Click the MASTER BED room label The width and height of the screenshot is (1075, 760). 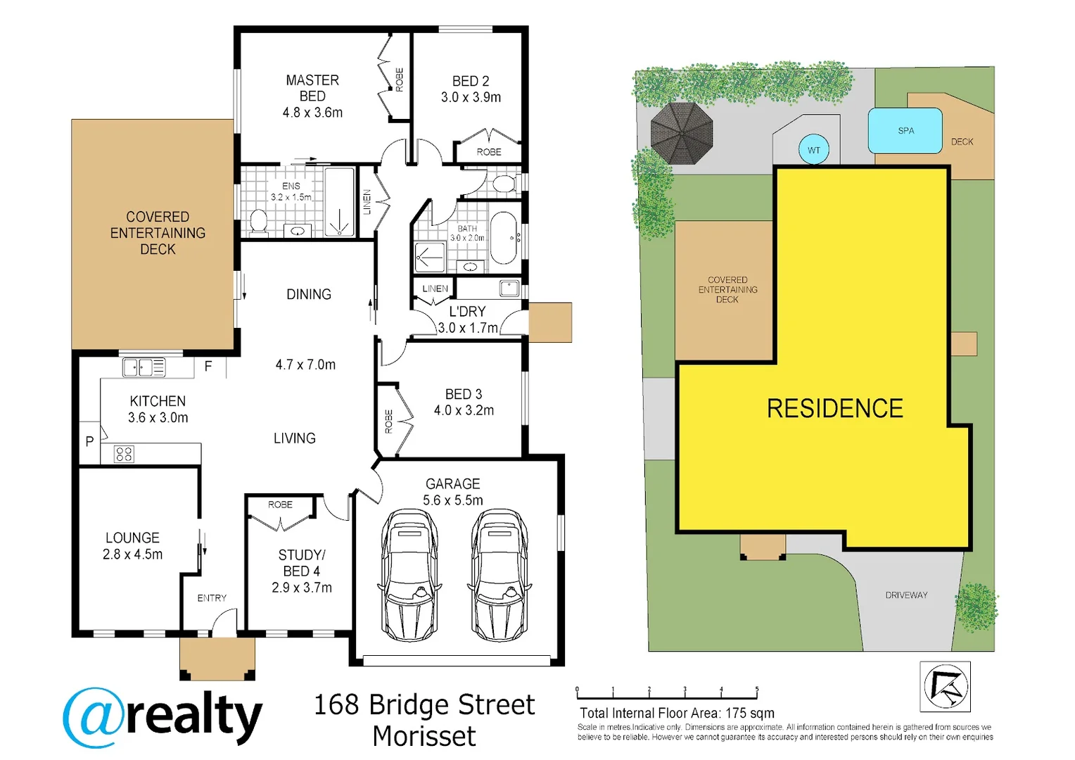(312, 88)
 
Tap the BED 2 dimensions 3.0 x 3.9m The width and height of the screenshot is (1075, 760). (471, 98)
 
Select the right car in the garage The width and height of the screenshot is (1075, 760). (500, 576)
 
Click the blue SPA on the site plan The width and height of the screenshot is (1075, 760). (905, 131)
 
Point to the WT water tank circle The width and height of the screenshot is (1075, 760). (813, 150)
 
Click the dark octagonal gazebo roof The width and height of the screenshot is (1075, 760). (681, 133)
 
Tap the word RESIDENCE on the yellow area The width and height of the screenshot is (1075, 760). (834, 409)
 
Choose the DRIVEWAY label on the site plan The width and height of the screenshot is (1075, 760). (906, 595)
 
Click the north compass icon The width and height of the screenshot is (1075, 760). (945, 686)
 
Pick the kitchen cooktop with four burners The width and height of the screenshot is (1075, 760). (124, 454)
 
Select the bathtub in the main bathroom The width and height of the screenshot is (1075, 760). (504, 238)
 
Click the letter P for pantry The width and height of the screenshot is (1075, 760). (89, 442)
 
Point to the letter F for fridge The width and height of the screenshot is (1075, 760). (208, 367)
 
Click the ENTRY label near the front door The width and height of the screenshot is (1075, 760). (212, 598)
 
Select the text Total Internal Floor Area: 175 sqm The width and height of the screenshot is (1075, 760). (677, 713)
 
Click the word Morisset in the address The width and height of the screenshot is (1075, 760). (424, 737)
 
